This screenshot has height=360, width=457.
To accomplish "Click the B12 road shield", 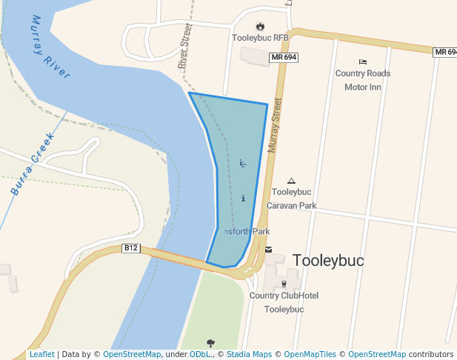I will [x=131, y=248].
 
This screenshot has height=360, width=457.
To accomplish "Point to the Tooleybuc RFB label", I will [x=260, y=38].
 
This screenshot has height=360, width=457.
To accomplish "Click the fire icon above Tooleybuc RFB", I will [x=260, y=26].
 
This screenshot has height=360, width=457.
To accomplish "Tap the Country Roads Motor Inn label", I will [x=362, y=80].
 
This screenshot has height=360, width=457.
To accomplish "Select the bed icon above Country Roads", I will [x=362, y=61].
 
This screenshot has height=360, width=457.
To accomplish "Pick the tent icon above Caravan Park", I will [x=291, y=181].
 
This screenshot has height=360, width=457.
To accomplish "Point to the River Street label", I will [x=185, y=47].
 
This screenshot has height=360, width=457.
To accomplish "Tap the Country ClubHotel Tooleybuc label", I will [x=284, y=302].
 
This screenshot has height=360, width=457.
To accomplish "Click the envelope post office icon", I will [x=268, y=250].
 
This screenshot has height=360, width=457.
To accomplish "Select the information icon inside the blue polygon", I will [x=243, y=199].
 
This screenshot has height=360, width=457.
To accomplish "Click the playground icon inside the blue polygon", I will [x=243, y=163].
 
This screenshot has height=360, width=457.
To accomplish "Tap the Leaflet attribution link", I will [x=41, y=355].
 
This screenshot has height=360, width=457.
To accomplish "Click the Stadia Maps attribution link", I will [x=253, y=355].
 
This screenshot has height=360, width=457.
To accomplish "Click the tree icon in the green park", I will [x=211, y=343].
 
